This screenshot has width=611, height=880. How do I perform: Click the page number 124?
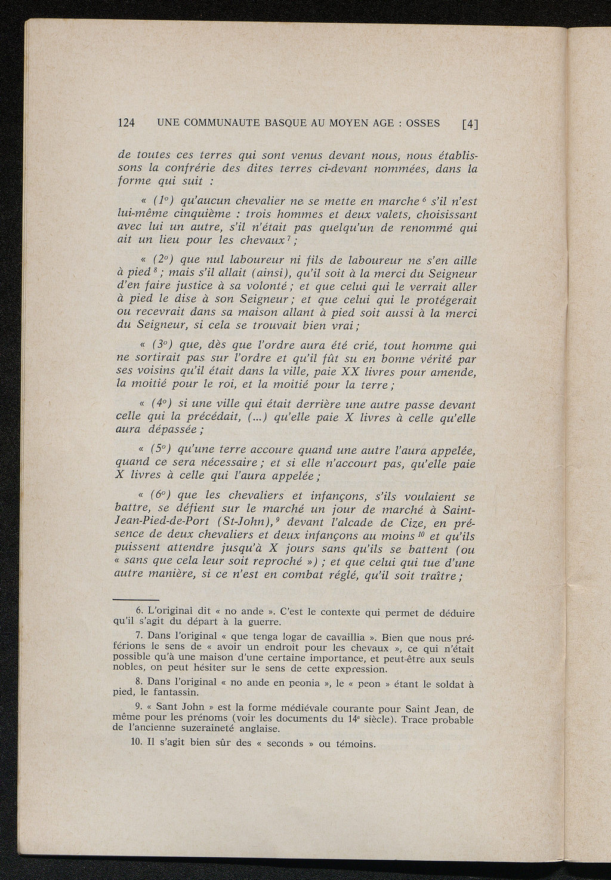point(126,124)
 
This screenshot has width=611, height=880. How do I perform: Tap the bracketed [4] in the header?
point(470,124)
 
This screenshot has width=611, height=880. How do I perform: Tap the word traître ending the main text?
point(439,574)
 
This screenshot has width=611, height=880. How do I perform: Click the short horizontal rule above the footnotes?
point(137,600)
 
